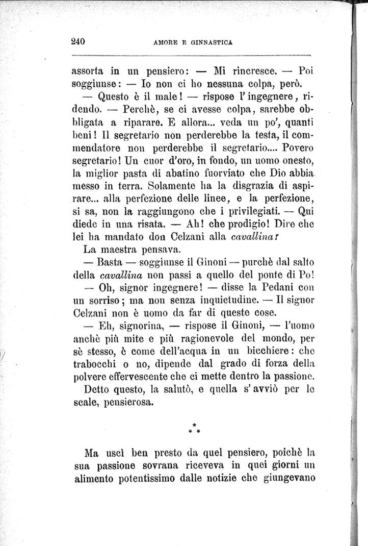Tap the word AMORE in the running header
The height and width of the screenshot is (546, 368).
(162, 43)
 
